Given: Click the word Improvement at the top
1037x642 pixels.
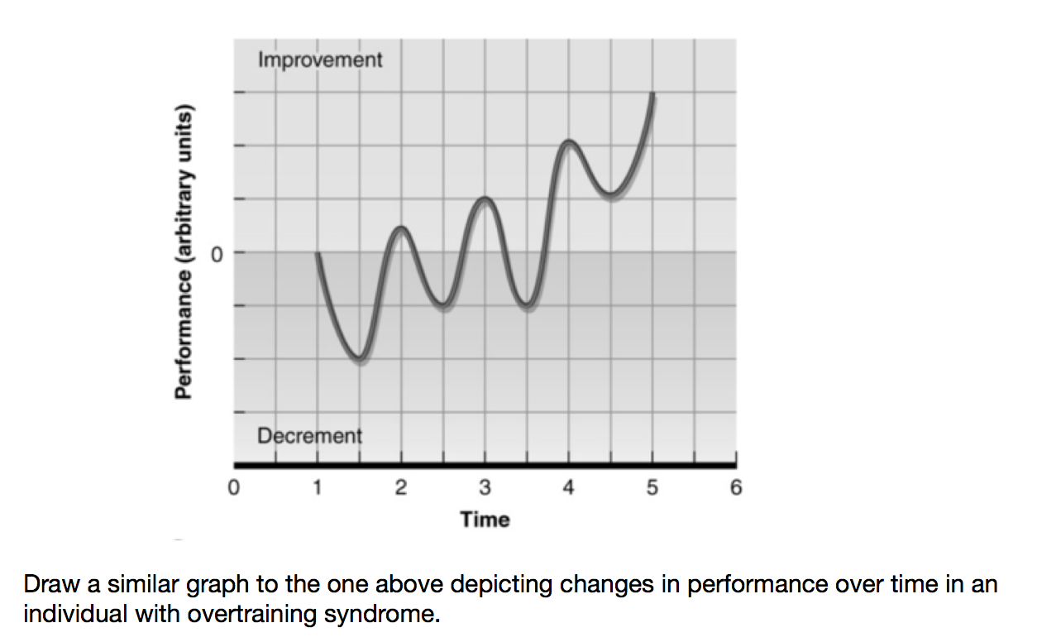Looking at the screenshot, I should tap(320, 60).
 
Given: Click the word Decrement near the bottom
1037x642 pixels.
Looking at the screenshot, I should tap(309, 435).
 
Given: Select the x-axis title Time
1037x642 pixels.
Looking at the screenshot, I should tap(485, 520).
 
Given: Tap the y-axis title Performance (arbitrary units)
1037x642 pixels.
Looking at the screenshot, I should tap(184, 252).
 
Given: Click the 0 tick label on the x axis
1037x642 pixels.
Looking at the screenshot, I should tap(234, 488).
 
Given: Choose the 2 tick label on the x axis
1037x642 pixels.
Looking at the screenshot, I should tap(401, 488).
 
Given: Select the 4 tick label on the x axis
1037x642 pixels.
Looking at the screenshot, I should tap(569, 488).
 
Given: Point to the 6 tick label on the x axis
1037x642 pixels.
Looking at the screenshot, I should tap(736, 488).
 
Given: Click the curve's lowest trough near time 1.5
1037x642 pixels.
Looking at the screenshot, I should tap(359, 359).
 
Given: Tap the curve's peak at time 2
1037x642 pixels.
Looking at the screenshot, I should tap(401, 228).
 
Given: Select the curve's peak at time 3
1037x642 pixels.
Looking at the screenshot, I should tap(485, 199).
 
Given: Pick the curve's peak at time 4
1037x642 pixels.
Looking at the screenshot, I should tap(568, 143).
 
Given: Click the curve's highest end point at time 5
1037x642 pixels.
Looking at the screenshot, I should tap(653, 95).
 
